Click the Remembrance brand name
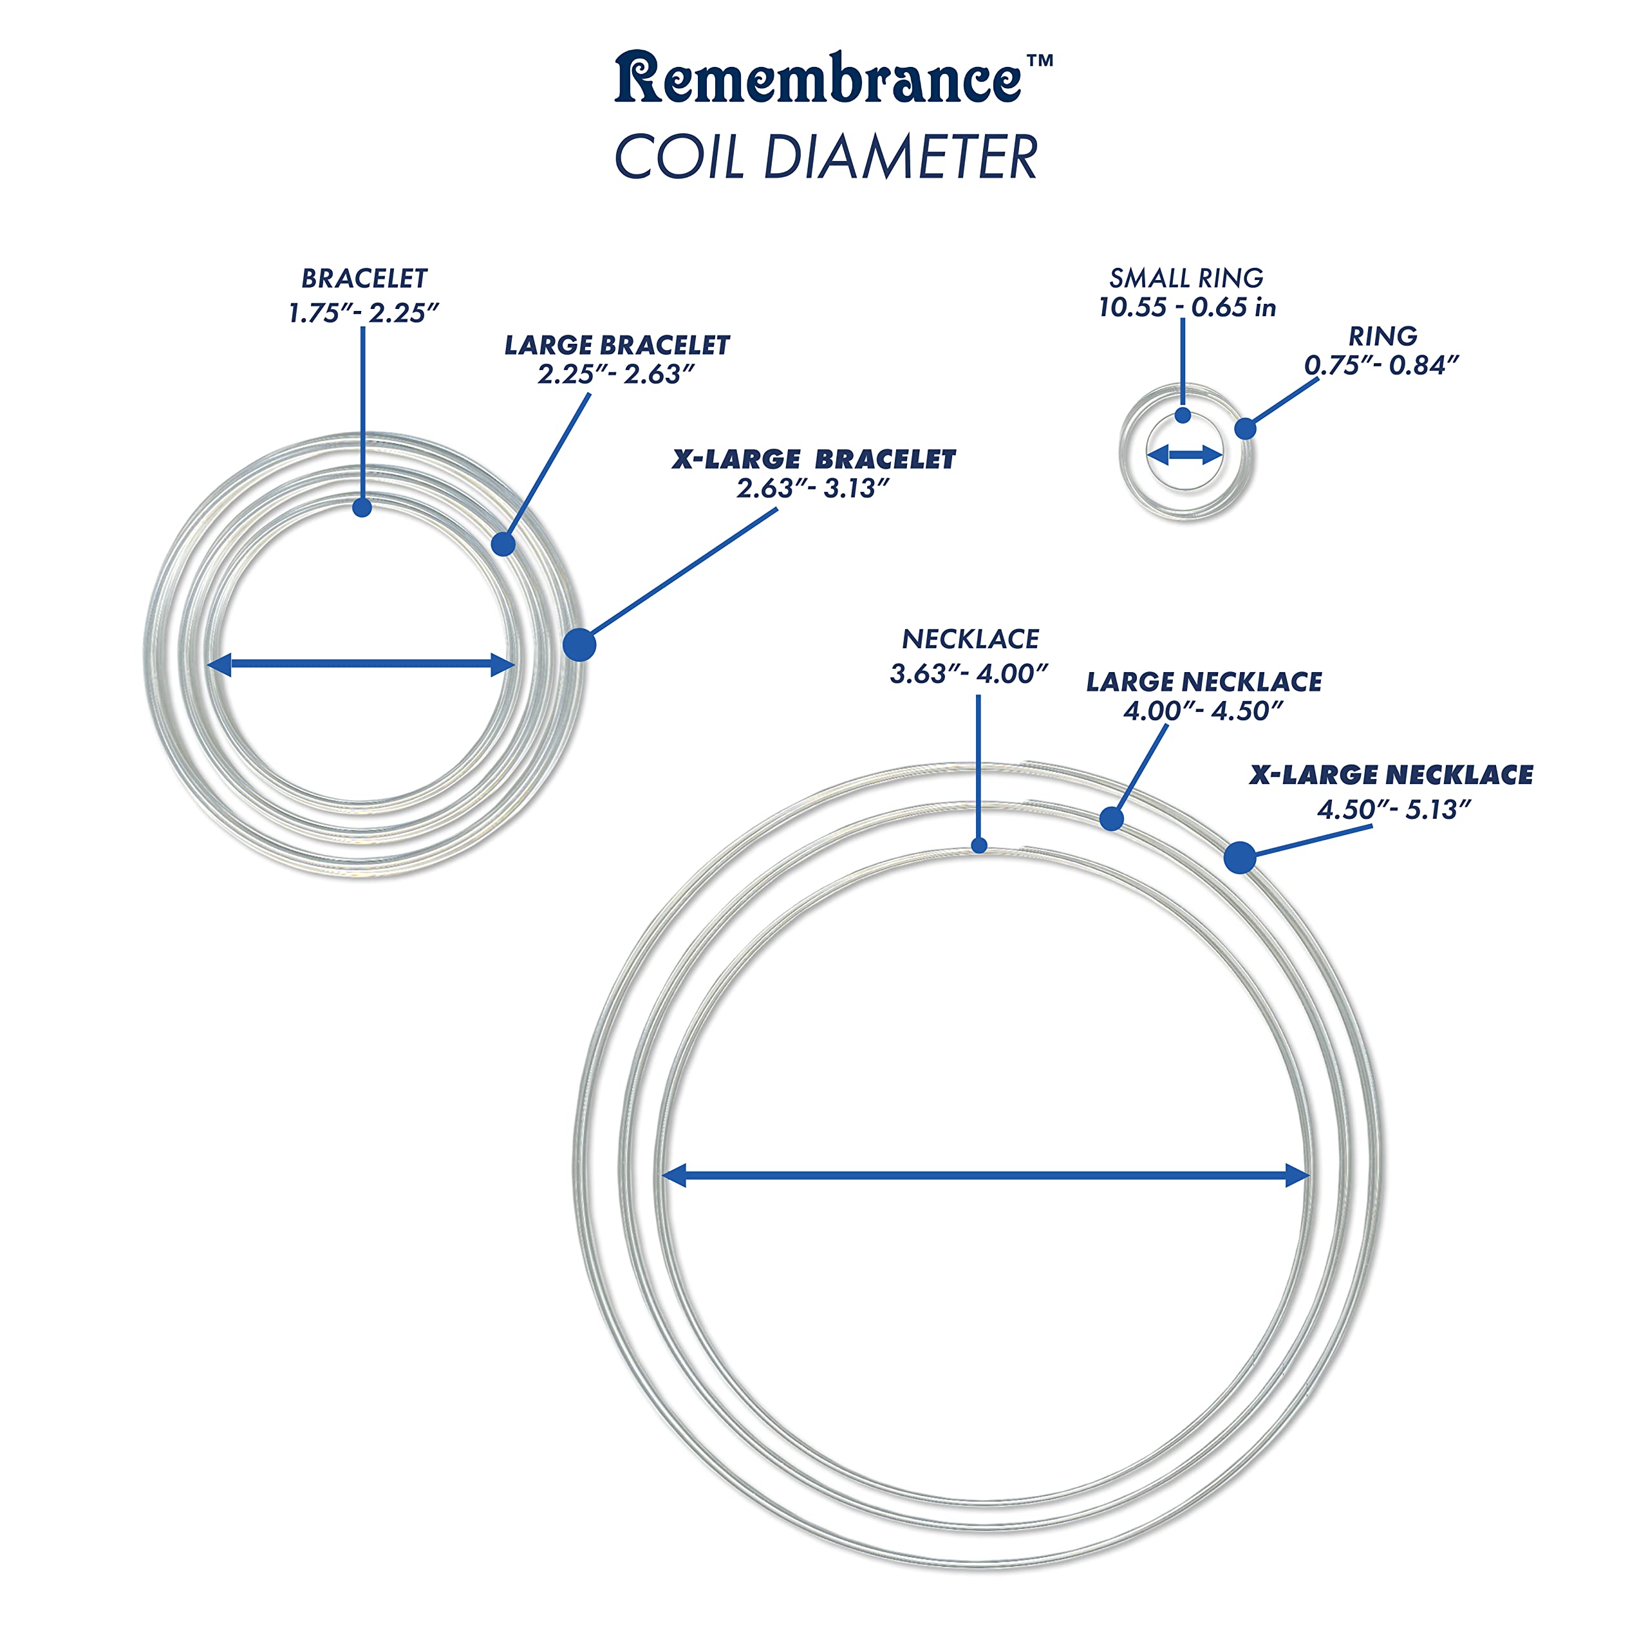(817, 79)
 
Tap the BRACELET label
(364, 278)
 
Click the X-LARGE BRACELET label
(814, 459)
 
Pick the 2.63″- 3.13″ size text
(813, 489)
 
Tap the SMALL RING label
(1186, 278)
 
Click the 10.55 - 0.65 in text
(1186, 307)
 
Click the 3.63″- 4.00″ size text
(968, 674)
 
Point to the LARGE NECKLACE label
(1204, 682)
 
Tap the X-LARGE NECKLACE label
(1391, 774)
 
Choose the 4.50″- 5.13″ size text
(1394, 809)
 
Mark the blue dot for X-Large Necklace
(1239, 857)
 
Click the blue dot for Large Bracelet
(503, 544)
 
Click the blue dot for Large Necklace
(1110, 819)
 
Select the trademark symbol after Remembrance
(1040, 61)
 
